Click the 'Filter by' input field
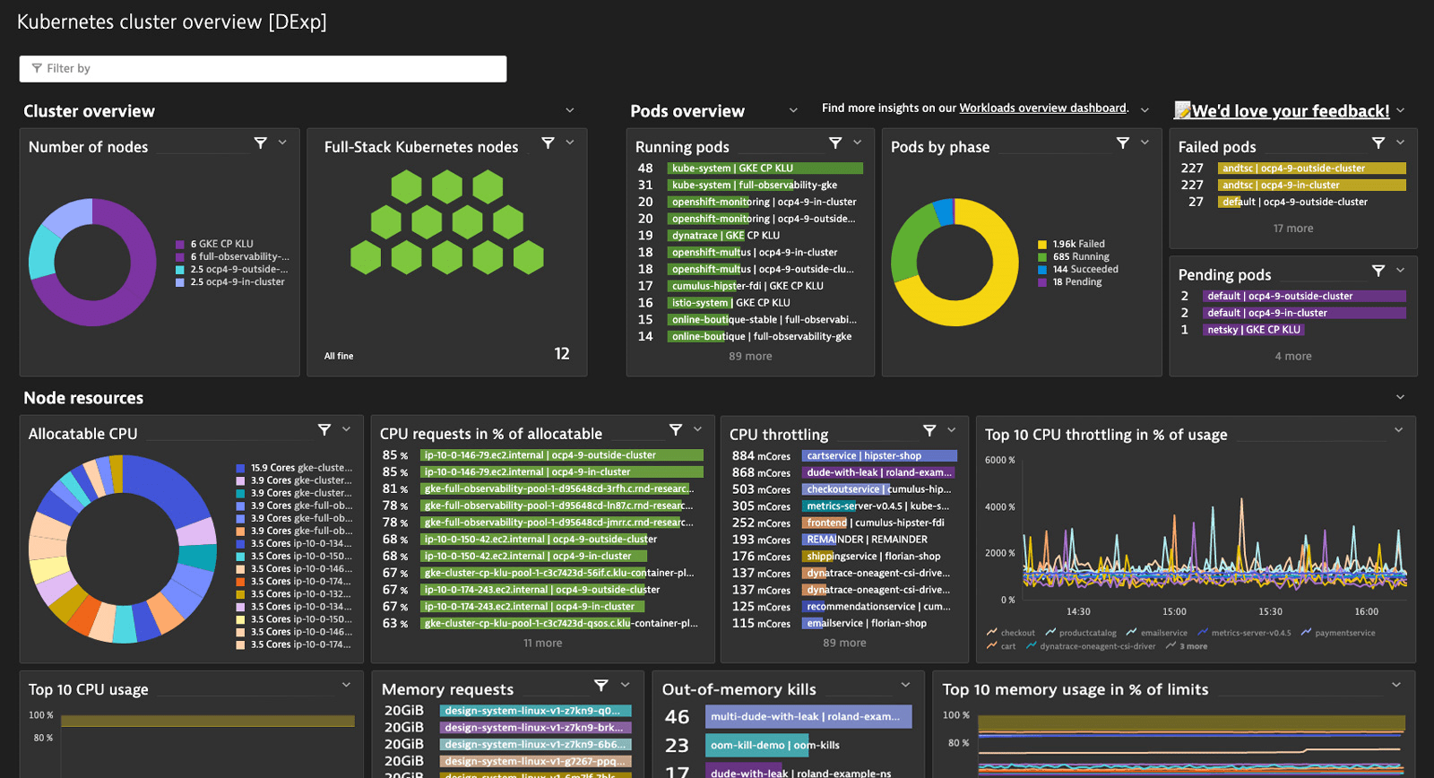[263, 69]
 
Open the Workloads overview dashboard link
[1043, 108]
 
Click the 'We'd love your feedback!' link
[1290, 111]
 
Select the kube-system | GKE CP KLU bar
[765, 169]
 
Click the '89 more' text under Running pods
[750, 357]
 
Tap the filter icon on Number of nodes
[261, 143]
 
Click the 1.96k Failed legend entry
[1078, 244]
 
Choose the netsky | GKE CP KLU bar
[1253, 330]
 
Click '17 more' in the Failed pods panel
[1293, 229]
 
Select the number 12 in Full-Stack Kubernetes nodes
[562, 354]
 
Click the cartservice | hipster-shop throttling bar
[878, 456]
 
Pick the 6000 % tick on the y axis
[999, 461]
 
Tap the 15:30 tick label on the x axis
[1270, 612]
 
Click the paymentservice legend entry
[1344, 633]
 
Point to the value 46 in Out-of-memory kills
[677, 717]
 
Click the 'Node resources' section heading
[83, 398]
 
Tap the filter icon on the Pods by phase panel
[1122, 143]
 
